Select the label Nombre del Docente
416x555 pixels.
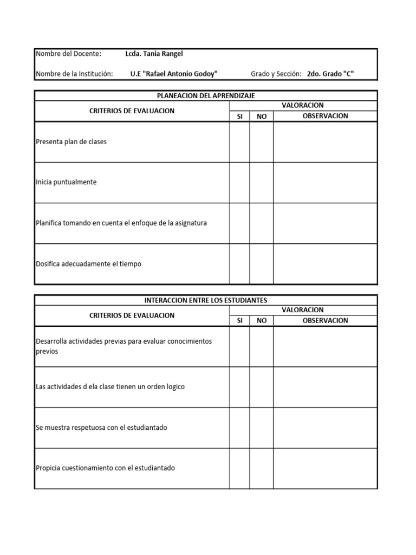coord(68,54)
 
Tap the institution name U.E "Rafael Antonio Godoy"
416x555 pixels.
coord(174,74)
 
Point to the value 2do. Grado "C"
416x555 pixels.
coord(330,74)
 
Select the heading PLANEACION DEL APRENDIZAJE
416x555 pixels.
coord(206,95)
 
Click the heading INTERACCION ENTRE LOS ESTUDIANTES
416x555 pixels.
coord(206,300)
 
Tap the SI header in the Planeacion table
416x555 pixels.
coord(239,117)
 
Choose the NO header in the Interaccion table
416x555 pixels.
coord(262,321)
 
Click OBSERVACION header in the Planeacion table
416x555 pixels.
coord(325,116)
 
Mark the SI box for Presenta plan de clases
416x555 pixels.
coord(239,142)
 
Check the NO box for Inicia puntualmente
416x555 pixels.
coord(262,183)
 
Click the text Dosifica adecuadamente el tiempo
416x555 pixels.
coord(88,264)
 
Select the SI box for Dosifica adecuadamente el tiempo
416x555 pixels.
coord(239,264)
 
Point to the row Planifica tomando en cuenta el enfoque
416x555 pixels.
coord(121,223)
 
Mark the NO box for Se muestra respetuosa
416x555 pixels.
coord(262,428)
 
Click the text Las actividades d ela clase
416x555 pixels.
coord(110,387)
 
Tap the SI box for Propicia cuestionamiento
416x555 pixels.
coord(239,468)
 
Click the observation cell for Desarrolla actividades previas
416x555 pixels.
coord(325,346)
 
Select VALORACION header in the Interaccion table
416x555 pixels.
coord(303,310)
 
